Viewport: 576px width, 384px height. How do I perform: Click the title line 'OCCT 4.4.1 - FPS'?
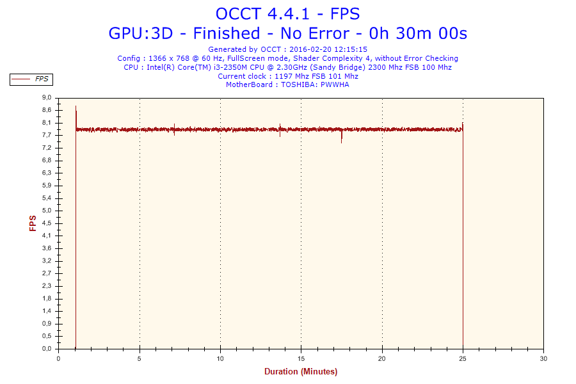288,13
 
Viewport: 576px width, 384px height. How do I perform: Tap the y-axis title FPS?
33,223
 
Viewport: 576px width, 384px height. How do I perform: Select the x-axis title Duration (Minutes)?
301,371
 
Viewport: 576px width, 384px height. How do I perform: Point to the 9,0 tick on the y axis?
47,98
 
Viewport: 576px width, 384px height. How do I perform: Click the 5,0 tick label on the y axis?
47,211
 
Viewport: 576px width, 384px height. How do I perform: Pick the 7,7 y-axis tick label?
47,136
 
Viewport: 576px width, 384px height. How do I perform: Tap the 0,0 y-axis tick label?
47,349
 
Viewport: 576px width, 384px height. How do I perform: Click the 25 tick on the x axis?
463,358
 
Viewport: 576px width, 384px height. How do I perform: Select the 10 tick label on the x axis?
220,358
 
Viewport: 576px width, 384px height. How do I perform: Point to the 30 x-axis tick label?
544,358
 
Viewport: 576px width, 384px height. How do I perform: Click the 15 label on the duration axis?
301,358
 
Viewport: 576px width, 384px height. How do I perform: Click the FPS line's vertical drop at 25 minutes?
463,243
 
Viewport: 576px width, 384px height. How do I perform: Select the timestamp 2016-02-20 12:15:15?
328,49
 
